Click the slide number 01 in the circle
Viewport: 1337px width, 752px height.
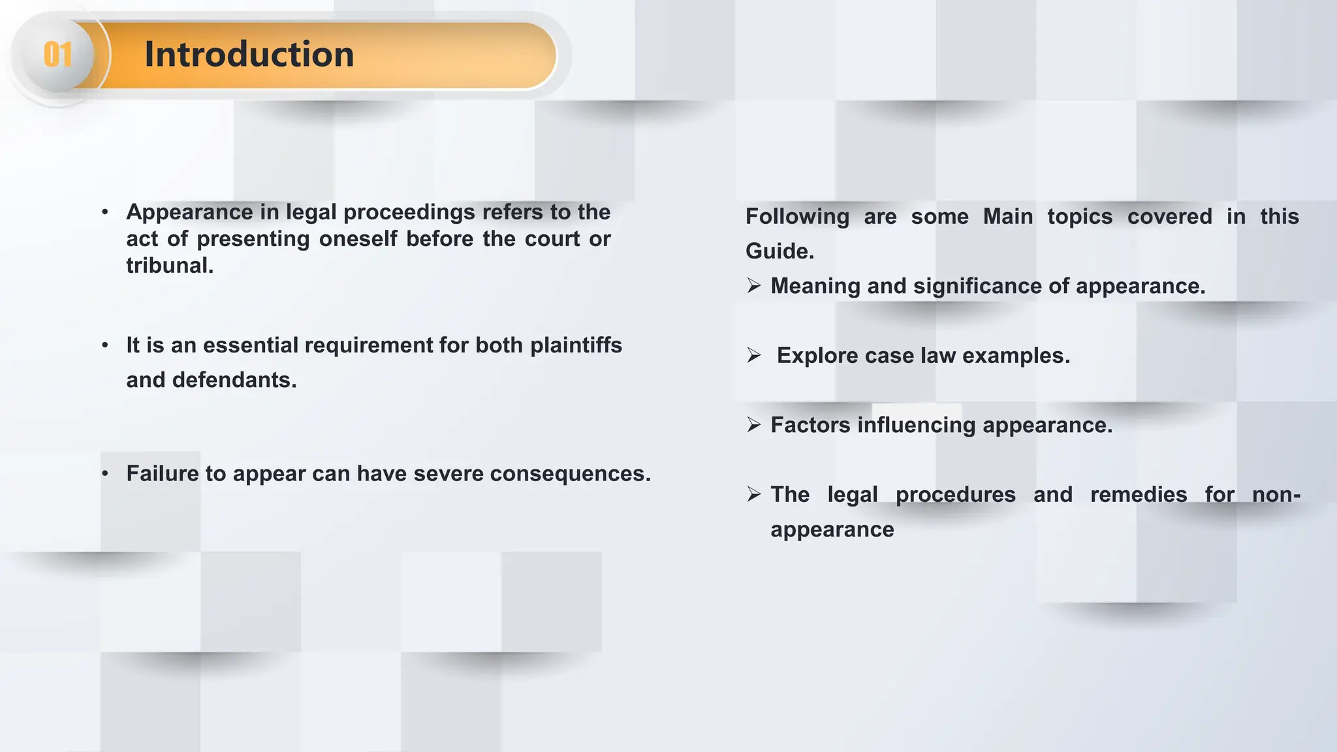(x=57, y=54)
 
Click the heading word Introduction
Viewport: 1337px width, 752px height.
(x=249, y=54)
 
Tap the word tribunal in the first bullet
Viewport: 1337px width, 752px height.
(x=169, y=266)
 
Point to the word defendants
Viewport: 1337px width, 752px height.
(x=234, y=380)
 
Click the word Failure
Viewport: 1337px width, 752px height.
(x=162, y=474)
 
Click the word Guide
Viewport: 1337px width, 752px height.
(x=779, y=251)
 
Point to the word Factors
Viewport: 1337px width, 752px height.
(x=810, y=425)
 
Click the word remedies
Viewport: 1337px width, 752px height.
(x=1139, y=495)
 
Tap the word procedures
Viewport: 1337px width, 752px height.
(x=955, y=495)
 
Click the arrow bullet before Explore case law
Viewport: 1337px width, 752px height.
(x=754, y=356)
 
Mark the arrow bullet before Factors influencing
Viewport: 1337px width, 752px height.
(x=754, y=425)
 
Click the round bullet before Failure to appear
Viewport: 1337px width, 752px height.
(x=105, y=474)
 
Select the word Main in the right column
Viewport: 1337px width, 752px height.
(x=1008, y=217)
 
